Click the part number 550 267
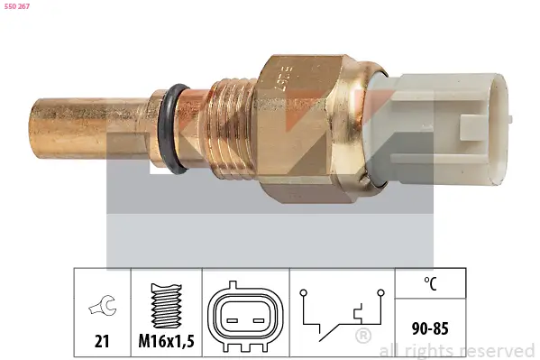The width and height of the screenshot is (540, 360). [18, 6]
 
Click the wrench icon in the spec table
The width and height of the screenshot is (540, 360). [101, 308]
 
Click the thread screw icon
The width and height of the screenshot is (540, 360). [166, 305]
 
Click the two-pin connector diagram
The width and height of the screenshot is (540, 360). [244, 318]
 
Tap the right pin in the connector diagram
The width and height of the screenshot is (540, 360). [258, 318]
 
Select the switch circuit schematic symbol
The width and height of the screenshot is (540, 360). [341, 316]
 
